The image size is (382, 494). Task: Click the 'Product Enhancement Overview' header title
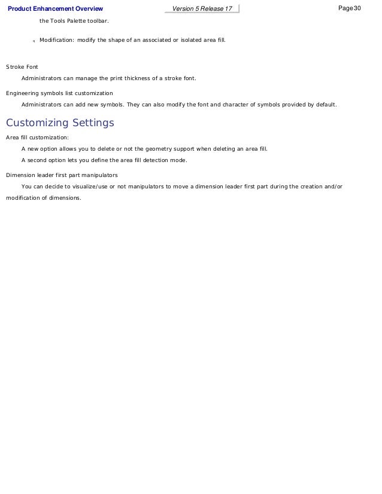coord(55,8)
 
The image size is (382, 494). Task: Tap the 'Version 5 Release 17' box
coord(202,8)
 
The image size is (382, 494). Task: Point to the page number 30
coord(357,8)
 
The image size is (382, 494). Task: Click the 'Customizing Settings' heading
coord(60,123)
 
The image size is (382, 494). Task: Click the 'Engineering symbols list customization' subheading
coord(59,93)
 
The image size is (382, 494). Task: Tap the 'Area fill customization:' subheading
coord(37,137)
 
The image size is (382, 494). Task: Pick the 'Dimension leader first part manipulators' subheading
coord(62,175)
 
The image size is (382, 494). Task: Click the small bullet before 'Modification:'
coord(34,41)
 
